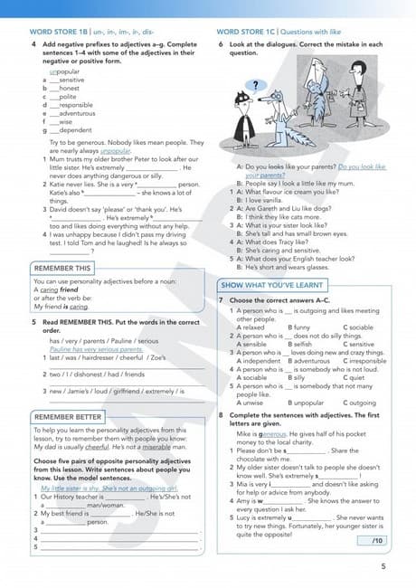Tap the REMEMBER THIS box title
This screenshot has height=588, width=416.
click(x=61, y=269)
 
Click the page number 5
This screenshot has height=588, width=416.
click(x=383, y=567)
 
